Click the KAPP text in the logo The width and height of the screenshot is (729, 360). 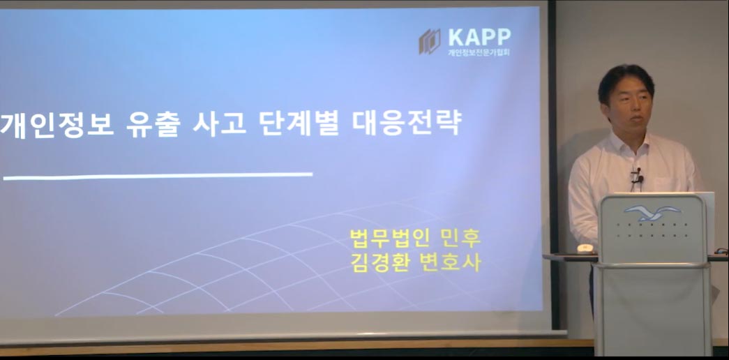point(479,37)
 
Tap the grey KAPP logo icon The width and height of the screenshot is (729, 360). point(430,41)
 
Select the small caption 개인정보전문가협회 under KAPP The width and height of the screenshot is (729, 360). point(479,52)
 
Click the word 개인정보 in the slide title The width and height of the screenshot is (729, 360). point(57,124)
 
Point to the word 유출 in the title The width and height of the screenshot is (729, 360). point(152,124)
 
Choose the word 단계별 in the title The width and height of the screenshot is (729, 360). point(299,123)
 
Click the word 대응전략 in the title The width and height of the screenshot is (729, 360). point(406,123)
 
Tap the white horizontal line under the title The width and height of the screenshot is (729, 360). point(158,177)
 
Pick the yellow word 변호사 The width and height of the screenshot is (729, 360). point(450,262)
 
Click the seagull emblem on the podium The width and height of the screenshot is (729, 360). point(652,213)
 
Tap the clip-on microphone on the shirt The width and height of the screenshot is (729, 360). point(636,177)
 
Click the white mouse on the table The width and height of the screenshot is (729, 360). point(585,248)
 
